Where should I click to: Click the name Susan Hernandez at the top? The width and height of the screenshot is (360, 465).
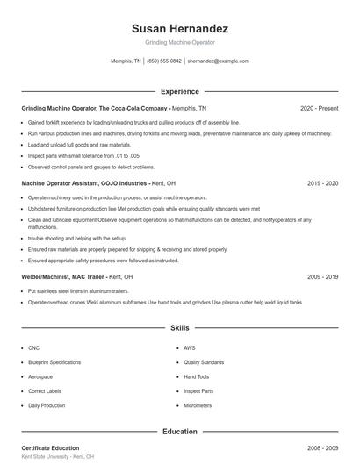click(179, 28)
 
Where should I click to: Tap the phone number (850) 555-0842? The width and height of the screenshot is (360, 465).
click(164, 61)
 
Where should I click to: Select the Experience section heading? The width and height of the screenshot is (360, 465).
click(179, 91)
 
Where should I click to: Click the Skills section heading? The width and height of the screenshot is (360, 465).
click(179, 328)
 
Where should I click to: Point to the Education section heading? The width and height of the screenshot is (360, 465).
click(179, 432)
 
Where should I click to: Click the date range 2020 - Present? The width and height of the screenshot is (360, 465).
click(319, 108)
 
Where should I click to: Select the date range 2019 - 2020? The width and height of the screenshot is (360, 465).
click(323, 184)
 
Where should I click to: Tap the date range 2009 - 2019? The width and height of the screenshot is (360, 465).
click(323, 276)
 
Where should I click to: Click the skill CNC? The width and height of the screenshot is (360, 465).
click(33, 347)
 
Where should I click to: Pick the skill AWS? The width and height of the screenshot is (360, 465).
click(190, 347)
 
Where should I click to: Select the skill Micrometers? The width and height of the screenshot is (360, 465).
click(198, 406)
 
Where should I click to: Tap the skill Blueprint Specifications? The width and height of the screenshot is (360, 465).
click(54, 362)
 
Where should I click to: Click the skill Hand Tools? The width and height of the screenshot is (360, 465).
click(197, 376)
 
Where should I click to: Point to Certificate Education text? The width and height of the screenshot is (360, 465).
click(50, 448)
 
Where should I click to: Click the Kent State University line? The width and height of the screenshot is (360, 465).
click(57, 458)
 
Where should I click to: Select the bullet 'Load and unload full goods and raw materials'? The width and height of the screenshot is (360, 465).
click(79, 145)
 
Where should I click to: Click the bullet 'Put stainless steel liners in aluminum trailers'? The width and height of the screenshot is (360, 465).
click(78, 290)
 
